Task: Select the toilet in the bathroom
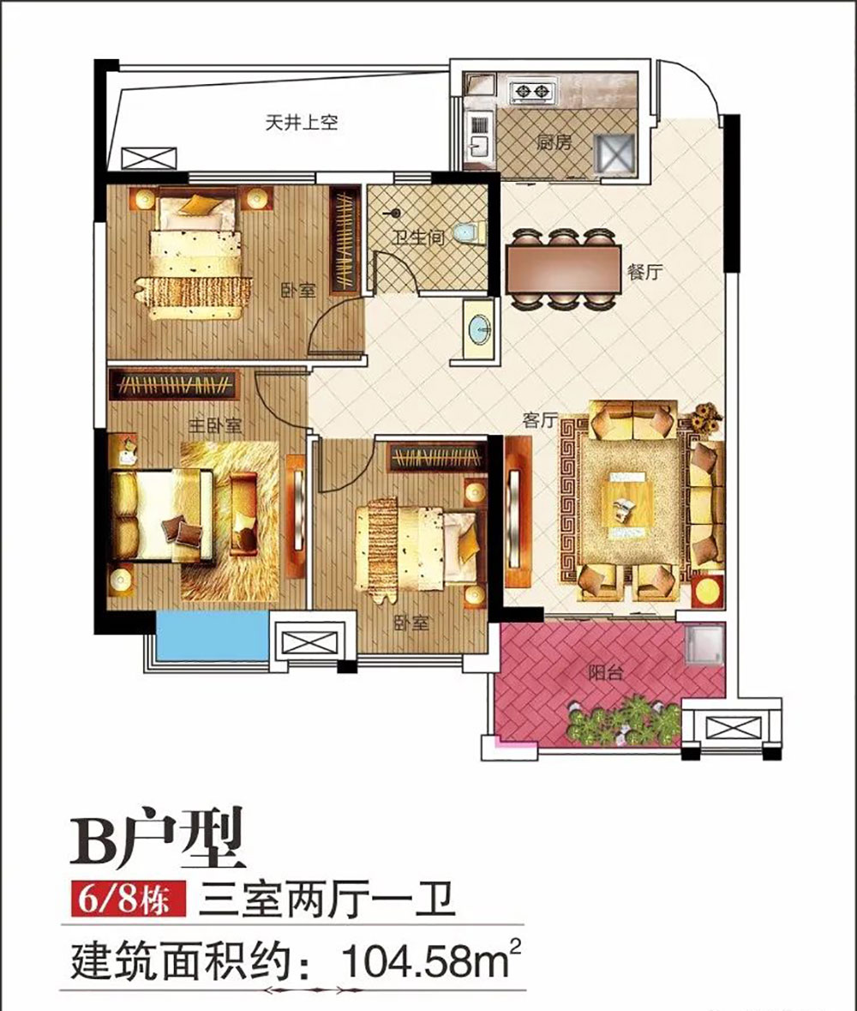click(468, 233)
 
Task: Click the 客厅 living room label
click(541, 419)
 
